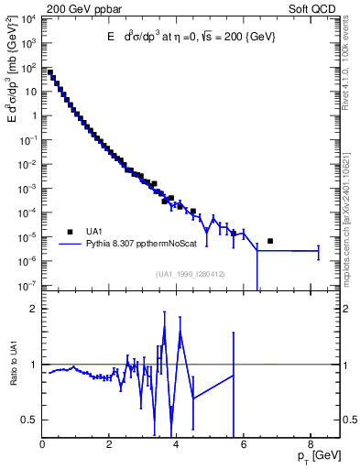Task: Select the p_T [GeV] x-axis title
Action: (314, 455)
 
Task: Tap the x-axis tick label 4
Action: (177, 444)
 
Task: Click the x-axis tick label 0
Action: (43, 444)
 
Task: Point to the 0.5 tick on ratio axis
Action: (31, 420)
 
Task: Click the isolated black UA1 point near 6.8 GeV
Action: (270, 241)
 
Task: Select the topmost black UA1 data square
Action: (50, 72)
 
